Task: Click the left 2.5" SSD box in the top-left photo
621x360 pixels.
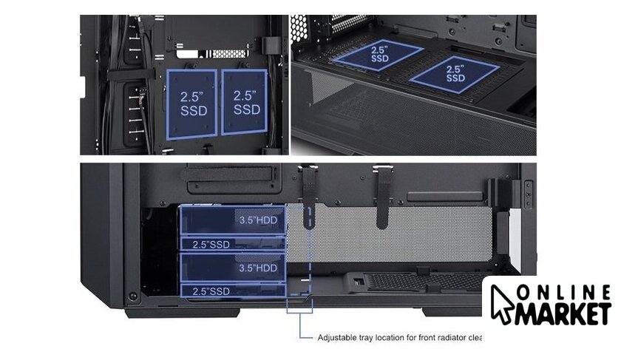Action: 192,104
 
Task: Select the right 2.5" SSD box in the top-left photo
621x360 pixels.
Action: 245,102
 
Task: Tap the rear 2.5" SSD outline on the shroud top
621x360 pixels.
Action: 378,55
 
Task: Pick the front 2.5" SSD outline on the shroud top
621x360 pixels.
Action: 454,75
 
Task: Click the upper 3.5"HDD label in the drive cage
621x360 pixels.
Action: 258,220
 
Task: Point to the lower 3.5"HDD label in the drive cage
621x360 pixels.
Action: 258,268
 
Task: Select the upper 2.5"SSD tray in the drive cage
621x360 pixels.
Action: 233,244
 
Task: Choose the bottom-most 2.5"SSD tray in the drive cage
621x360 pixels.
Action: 233,291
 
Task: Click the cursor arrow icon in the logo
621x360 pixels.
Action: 501,304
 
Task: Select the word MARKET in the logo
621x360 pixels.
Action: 563,313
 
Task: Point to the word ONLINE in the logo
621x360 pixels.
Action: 564,292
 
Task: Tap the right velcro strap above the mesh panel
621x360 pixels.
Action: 381,197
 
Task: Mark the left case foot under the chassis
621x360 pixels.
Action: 182,313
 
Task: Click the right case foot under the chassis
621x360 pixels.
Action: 452,312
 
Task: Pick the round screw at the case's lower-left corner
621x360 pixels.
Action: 133,296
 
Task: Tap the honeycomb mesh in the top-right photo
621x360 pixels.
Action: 298,29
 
